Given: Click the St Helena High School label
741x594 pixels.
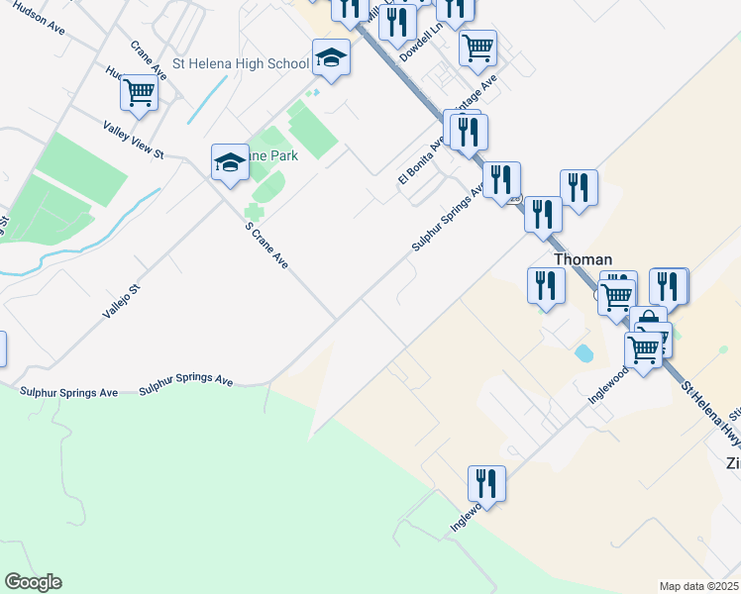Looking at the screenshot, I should [x=241, y=63].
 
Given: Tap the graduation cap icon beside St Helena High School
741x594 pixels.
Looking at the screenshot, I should [x=331, y=58].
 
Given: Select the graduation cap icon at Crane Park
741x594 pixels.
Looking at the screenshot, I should [x=230, y=162].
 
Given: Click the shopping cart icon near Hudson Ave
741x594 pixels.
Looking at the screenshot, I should [x=140, y=94].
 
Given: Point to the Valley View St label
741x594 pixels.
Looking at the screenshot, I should [x=133, y=139].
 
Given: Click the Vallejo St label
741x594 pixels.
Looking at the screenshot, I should [x=123, y=299].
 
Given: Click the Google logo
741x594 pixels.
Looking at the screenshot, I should [x=33, y=582].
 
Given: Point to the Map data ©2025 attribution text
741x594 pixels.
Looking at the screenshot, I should [x=698, y=586].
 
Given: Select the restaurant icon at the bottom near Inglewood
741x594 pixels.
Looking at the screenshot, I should [x=486, y=484].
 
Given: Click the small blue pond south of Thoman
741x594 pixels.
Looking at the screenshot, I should [x=584, y=351].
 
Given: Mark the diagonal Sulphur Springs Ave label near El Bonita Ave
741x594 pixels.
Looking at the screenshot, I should [x=447, y=217].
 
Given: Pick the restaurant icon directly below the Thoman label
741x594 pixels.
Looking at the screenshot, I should [x=546, y=286].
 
